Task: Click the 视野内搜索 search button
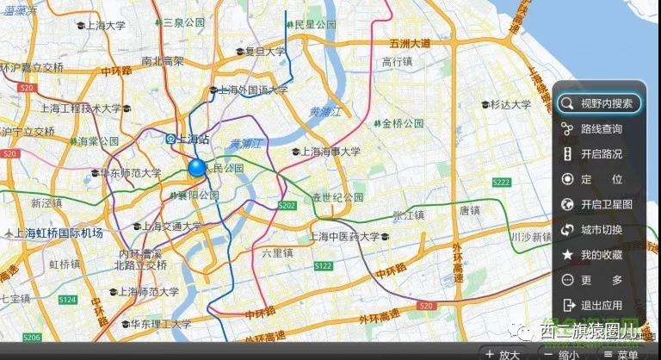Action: (599, 104)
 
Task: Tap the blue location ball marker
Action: (198, 167)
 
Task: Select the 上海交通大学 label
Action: (172, 227)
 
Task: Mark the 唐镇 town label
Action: (469, 209)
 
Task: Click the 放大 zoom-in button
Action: (503, 353)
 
